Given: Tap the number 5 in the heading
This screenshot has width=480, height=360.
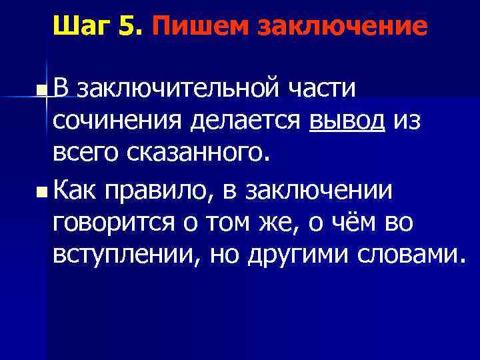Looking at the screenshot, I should (x=128, y=27).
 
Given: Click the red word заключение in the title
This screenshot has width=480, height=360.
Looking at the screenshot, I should (x=340, y=27).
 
